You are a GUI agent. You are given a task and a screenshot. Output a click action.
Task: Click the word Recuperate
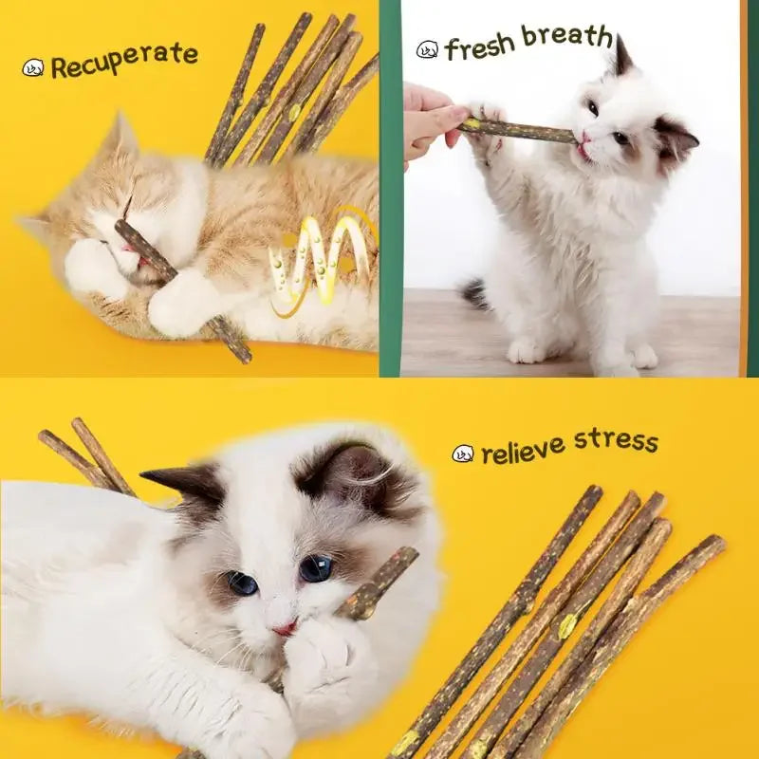[x=124, y=62]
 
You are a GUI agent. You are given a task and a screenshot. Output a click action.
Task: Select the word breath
[x=566, y=37]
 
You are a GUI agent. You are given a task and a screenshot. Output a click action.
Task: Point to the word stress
[x=615, y=441]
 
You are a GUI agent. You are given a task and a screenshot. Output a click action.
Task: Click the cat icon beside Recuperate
[x=33, y=68]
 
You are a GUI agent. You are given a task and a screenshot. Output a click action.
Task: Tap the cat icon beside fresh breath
[x=428, y=49]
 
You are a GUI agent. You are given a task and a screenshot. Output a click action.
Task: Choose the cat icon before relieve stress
[x=463, y=454]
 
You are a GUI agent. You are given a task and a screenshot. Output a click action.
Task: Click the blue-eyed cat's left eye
[x=242, y=583]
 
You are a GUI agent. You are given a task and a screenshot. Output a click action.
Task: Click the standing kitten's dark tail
[x=475, y=294]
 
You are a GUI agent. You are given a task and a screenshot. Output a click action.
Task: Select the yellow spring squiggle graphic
[x=318, y=256]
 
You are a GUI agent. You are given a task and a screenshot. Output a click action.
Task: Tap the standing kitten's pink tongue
[x=581, y=149]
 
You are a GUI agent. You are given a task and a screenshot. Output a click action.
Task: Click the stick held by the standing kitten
[x=517, y=130]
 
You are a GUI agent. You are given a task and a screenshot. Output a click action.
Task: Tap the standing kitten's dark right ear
[x=676, y=139]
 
